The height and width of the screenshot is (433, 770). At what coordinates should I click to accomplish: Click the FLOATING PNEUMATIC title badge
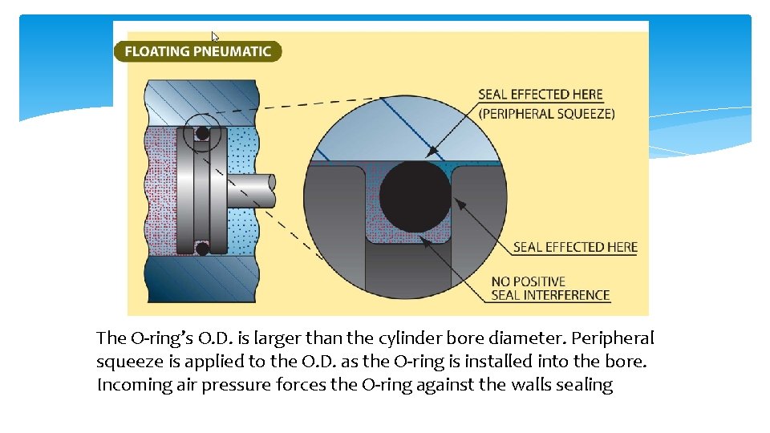197,51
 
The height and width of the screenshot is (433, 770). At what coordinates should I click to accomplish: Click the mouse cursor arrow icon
215,37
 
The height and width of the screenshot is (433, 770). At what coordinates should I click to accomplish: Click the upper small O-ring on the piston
202,133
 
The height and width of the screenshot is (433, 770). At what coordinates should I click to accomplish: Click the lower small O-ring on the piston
202,249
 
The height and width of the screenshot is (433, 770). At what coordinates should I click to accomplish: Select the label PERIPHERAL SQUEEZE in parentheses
546,114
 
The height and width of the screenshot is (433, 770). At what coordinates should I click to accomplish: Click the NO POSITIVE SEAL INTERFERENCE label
550,288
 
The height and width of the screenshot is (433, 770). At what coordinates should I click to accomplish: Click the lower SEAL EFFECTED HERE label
575,247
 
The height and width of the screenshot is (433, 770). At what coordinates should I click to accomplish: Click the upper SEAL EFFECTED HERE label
540,95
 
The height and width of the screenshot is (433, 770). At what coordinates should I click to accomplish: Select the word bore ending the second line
628,362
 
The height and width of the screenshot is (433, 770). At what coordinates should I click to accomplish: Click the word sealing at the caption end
584,385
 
